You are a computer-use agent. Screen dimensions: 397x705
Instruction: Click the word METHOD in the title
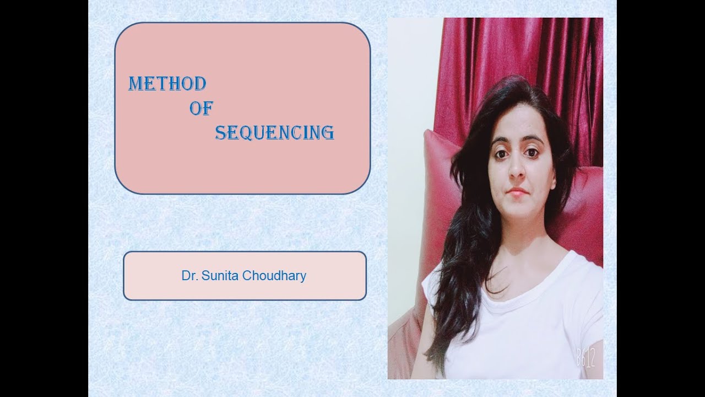pyautogui.click(x=167, y=84)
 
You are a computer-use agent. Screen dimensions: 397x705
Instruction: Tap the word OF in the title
pyautogui.click(x=200, y=109)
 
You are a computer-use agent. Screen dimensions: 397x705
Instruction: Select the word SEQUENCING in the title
pyautogui.click(x=274, y=133)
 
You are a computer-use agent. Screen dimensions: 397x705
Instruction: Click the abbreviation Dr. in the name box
pyautogui.click(x=189, y=276)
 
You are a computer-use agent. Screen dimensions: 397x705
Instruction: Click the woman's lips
pyautogui.click(x=518, y=192)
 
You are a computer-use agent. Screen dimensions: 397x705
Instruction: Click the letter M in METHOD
pyautogui.click(x=135, y=84)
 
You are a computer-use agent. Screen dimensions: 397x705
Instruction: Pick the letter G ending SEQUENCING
pyautogui.click(x=328, y=133)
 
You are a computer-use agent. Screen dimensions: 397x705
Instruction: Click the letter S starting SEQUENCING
pyautogui.click(x=220, y=133)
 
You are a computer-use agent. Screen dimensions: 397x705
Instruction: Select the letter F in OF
pyautogui.click(x=207, y=109)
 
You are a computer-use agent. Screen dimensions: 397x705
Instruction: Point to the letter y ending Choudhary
pyautogui.click(x=303, y=277)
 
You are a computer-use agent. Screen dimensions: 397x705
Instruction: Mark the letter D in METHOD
pyautogui.click(x=200, y=84)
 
